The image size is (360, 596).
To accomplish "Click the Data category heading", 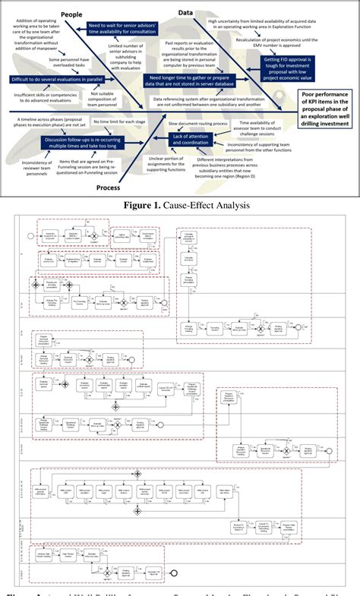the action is click(x=185, y=13).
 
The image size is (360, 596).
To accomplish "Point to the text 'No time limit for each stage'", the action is click(x=117, y=121).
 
